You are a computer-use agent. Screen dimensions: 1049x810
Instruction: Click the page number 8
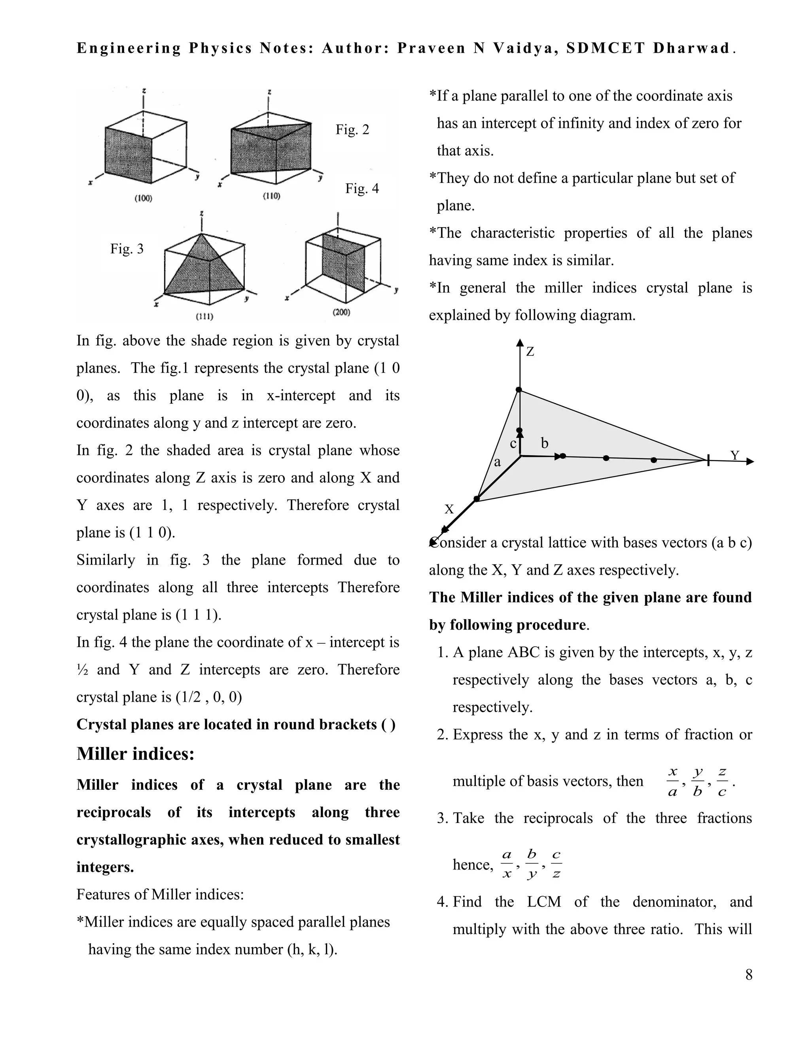749,975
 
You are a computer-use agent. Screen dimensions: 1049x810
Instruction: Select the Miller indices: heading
135,754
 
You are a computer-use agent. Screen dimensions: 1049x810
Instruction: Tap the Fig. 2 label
352,130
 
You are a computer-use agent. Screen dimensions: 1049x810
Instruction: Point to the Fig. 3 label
127,249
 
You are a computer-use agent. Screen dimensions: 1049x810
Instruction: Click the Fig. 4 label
362,188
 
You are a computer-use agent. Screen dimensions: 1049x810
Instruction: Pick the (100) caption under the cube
143,198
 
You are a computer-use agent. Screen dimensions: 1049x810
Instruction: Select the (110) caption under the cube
272,196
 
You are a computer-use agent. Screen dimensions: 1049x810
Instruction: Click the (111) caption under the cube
204,317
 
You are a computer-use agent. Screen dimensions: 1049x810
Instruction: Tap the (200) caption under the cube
341,312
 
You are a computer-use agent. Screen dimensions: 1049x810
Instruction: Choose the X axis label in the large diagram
449,509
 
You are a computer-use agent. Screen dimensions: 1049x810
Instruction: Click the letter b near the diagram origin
544,443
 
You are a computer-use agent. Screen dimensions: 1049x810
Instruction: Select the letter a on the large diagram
497,462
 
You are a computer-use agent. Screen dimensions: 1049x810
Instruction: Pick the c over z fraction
556,864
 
